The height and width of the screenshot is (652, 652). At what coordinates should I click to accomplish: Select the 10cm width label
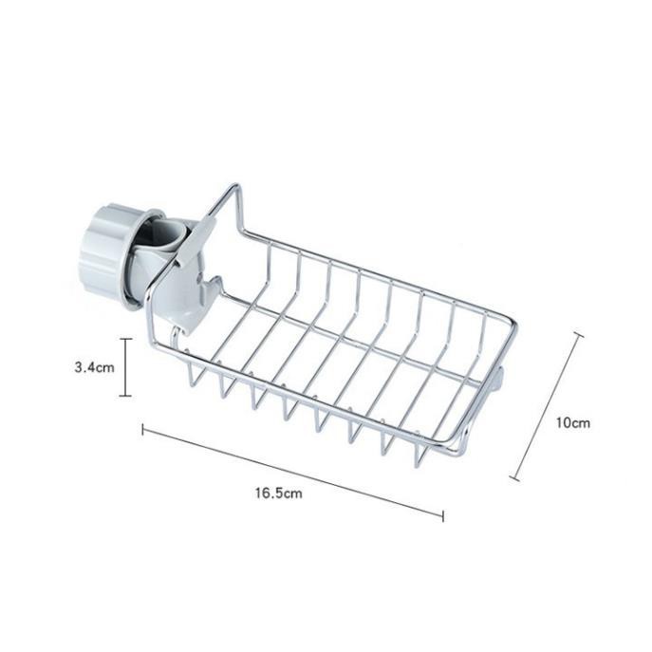click(x=573, y=422)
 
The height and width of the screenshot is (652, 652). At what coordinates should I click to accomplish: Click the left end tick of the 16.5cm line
click(x=142, y=430)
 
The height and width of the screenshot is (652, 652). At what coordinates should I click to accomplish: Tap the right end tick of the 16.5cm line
click(x=443, y=516)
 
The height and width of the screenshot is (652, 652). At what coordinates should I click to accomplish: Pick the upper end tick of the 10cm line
click(x=578, y=334)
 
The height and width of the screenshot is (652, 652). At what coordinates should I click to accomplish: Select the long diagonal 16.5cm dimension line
click(x=292, y=473)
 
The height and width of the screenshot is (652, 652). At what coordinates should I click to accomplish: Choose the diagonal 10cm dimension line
click(x=547, y=407)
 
